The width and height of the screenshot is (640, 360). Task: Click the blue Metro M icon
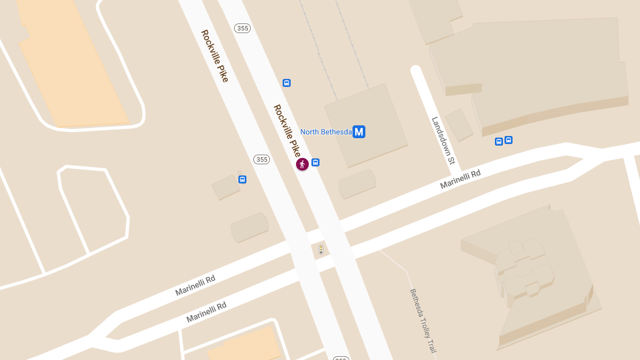pyautogui.click(x=359, y=131)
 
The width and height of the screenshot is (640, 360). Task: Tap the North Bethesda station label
pyautogui.click(x=326, y=132)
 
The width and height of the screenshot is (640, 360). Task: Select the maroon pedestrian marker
pyautogui.click(x=302, y=164)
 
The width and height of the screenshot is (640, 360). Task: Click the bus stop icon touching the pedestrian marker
pyautogui.click(x=316, y=163)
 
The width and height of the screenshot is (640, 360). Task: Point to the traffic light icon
pyautogui.click(x=321, y=249)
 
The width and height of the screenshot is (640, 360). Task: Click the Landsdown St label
pyautogui.click(x=443, y=140)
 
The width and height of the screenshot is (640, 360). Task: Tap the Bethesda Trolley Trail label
pyautogui.click(x=423, y=321)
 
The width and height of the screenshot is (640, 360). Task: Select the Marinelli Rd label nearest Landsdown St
pyautogui.click(x=460, y=179)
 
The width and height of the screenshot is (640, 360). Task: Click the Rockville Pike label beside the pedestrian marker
pyautogui.click(x=287, y=130)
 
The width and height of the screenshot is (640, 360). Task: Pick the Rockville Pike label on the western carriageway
pyautogui.click(x=214, y=55)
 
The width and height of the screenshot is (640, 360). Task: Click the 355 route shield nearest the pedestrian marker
pyautogui.click(x=261, y=159)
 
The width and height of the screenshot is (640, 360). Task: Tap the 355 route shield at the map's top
pyautogui.click(x=243, y=28)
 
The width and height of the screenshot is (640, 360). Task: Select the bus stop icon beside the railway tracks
pyautogui.click(x=286, y=83)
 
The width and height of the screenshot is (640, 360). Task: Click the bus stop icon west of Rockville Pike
pyautogui.click(x=243, y=180)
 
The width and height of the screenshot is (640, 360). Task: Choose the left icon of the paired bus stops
pyautogui.click(x=499, y=141)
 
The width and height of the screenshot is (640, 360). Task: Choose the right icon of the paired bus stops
pyautogui.click(x=508, y=140)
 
